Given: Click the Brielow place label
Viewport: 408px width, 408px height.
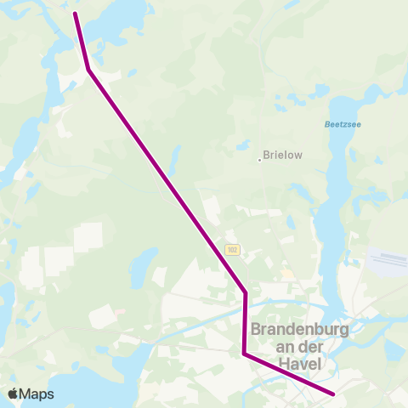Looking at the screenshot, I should tap(283, 156).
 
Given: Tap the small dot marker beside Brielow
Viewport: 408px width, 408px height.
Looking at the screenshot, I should tap(259, 158).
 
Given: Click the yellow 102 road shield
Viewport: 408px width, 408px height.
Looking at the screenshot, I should tap(232, 250).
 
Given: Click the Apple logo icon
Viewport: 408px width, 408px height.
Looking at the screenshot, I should tap(13, 394).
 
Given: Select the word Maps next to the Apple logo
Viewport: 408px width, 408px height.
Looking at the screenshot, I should tap(37, 394).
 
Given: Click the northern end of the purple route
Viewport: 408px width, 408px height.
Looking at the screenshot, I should tap(76, 14).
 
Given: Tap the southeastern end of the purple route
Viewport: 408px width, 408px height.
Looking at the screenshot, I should tap(334, 394).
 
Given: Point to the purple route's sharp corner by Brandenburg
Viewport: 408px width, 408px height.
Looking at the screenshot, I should tap(244, 353).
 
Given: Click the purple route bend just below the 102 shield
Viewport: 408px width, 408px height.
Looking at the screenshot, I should tap(246, 293).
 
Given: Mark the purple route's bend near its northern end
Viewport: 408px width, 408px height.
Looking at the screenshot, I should tap(88, 70).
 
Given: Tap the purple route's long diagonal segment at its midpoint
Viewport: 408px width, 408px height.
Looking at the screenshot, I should tap(167, 181).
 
